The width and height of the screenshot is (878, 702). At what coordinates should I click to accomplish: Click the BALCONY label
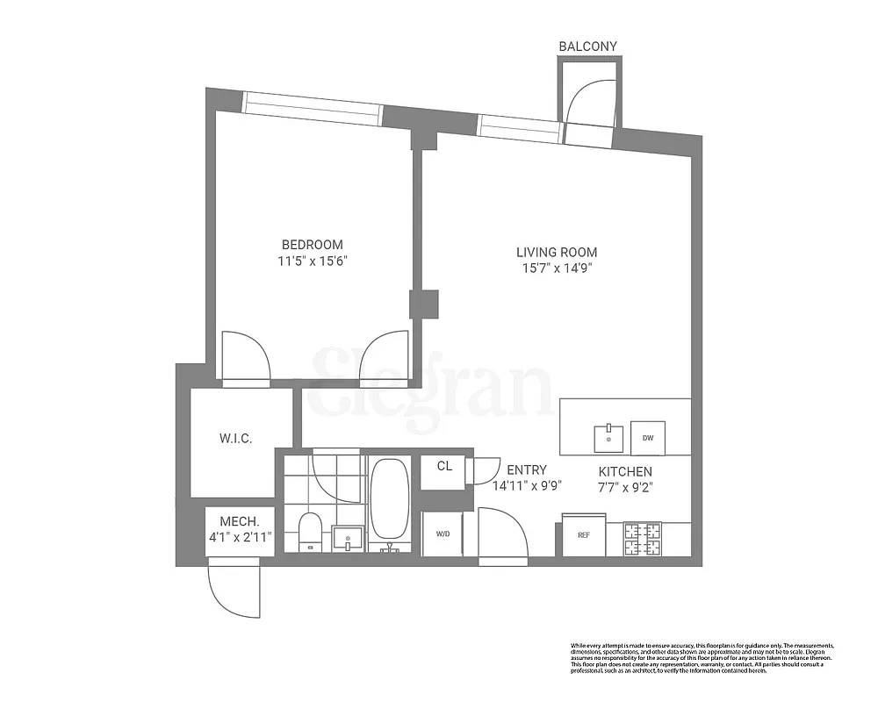coord(588,46)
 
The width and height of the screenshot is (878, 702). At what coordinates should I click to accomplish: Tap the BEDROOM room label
coord(312,245)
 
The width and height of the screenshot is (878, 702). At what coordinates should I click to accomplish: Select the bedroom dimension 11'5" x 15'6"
coord(312,261)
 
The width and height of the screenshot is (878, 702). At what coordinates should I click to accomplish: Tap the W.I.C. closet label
coord(235,438)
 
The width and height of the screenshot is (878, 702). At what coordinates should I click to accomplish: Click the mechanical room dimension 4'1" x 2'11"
coord(240,535)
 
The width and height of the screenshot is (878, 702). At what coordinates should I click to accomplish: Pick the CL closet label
coord(444,466)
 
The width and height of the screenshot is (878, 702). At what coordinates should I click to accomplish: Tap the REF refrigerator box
coord(583,534)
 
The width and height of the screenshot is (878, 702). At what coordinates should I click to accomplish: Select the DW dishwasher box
coord(648,438)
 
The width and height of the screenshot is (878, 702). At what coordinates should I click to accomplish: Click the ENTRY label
coord(525,469)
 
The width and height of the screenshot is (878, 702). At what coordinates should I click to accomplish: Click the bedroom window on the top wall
coord(312,109)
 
